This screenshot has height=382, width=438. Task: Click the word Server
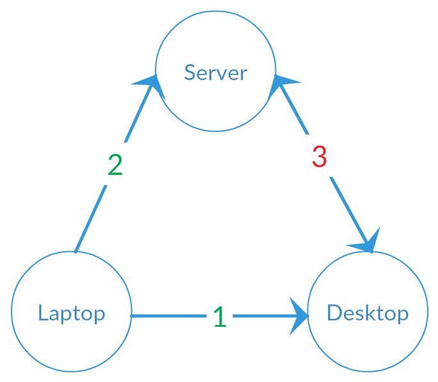215,72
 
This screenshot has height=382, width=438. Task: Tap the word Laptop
71,313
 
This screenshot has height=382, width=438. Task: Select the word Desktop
367,313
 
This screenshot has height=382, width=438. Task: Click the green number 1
220,317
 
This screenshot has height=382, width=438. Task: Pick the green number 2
115,165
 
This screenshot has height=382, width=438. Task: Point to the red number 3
320,157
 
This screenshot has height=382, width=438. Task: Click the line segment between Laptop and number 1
170,316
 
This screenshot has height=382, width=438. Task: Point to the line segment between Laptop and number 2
90,218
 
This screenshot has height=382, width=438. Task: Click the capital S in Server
190,72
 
